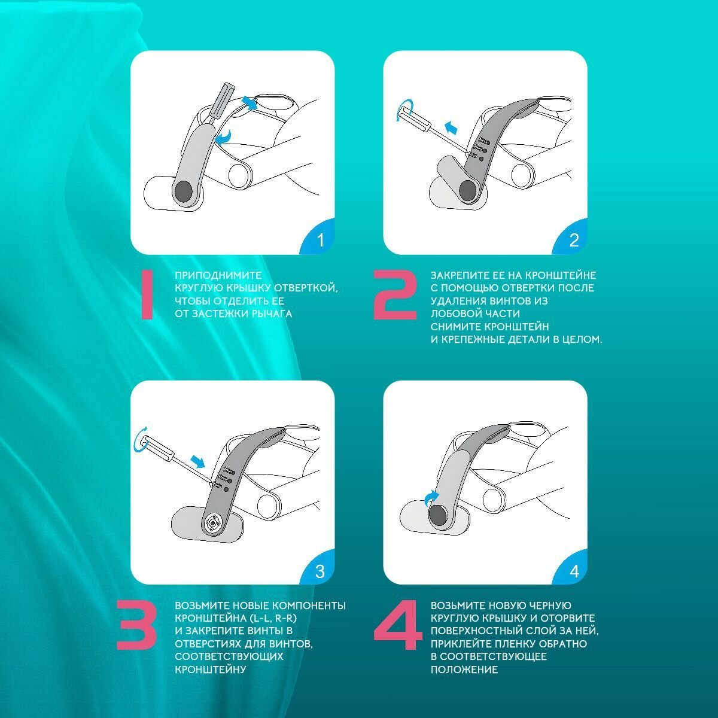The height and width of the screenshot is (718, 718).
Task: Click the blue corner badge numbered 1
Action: (x=320, y=239)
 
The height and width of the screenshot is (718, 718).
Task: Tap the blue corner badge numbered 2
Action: (x=573, y=239)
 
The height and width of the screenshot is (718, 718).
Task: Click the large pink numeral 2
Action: (x=395, y=295)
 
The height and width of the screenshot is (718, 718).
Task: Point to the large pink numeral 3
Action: (x=136, y=625)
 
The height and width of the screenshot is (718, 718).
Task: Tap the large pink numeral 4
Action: (x=397, y=625)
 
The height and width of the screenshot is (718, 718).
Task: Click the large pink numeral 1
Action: (x=147, y=295)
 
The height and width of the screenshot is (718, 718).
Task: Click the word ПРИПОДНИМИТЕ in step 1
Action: (x=218, y=276)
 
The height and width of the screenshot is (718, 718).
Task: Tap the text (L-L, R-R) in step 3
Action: (x=273, y=618)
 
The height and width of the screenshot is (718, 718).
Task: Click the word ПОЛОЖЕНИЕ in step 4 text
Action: (x=464, y=670)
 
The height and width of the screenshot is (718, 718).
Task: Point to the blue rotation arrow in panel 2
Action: (x=404, y=110)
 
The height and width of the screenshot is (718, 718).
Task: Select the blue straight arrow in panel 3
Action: (x=197, y=461)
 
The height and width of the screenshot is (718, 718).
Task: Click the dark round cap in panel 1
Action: (x=184, y=191)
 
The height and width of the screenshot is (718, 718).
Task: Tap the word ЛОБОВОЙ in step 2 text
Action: (x=456, y=314)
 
